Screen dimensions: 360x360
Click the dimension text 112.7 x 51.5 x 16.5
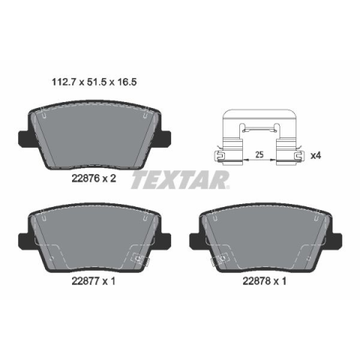coord(94,82)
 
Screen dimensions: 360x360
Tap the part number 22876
coord(85,178)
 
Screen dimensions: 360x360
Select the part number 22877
coord(85,281)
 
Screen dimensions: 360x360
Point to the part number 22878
coord(256,281)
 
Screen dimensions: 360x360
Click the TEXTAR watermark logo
coord(180,179)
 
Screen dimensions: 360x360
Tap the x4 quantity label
coord(316,156)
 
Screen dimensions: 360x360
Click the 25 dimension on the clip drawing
coord(259,154)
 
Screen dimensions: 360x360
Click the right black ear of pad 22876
coord(165,138)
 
